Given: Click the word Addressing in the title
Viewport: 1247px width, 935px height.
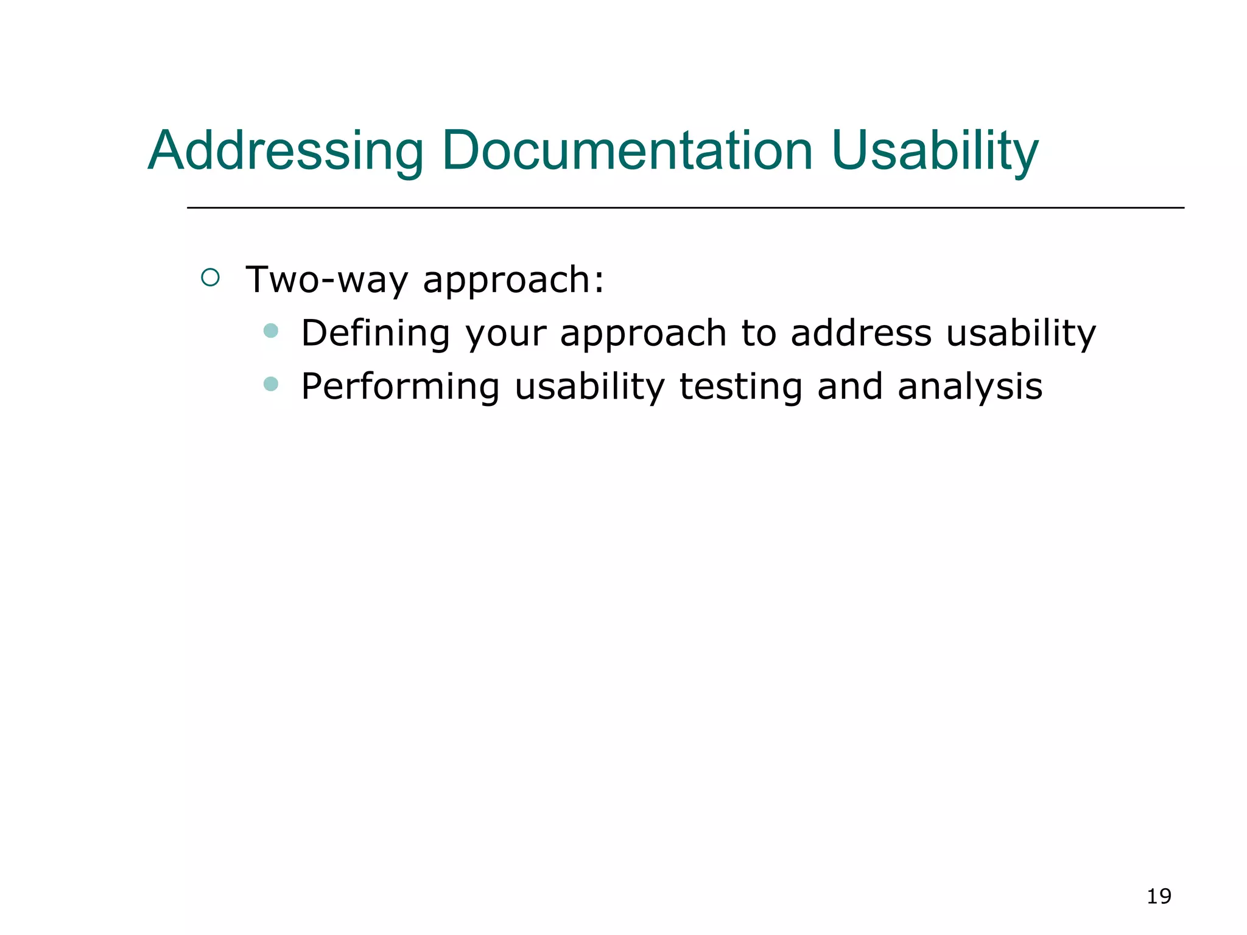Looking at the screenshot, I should click(286, 151).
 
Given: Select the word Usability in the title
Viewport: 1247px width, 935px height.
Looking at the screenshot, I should click(935, 151).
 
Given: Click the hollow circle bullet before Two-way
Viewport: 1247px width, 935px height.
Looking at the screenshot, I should click(210, 278).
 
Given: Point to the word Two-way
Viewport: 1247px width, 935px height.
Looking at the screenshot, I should click(327, 280).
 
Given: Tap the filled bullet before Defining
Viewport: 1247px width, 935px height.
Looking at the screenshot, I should click(271, 331).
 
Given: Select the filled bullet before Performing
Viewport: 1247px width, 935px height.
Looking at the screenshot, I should click(271, 384).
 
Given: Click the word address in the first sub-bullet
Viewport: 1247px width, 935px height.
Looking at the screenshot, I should click(860, 333).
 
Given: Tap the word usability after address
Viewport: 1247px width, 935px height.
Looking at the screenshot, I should click(1021, 333).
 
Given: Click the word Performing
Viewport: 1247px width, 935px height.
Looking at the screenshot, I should click(400, 387).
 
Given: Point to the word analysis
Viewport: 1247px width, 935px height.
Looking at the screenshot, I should click(969, 387).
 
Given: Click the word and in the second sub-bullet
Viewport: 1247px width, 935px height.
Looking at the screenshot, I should click(849, 387).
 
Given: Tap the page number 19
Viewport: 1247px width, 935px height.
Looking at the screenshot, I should click(1159, 896).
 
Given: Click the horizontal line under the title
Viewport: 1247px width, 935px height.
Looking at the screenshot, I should click(685, 208).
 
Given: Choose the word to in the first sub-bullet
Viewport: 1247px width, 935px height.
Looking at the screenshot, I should click(759, 333).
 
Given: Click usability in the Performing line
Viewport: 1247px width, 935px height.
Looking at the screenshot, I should click(589, 387).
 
